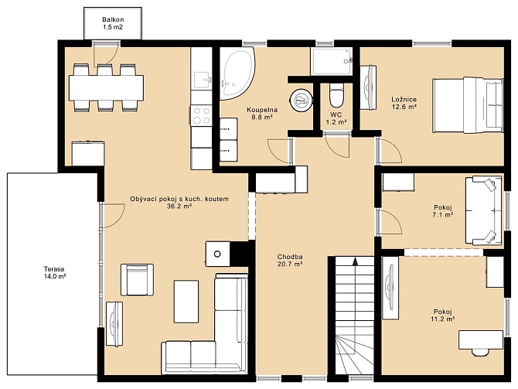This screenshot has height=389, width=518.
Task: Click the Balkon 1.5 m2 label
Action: (x=113, y=23)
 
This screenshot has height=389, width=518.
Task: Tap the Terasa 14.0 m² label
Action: (x=55, y=273)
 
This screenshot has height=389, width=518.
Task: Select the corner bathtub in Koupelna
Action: (x=237, y=73)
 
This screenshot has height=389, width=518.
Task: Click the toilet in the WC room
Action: (x=336, y=95)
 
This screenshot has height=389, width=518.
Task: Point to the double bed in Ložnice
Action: (x=468, y=105)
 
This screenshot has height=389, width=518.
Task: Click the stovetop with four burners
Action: (x=202, y=115)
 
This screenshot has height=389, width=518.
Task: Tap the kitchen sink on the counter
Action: (x=202, y=80)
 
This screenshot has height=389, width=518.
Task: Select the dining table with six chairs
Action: (x=107, y=88)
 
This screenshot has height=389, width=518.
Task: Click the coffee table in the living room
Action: (x=186, y=302)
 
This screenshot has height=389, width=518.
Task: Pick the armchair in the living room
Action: (x=137, y=280)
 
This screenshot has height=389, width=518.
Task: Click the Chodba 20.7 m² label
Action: (x=291, y=261)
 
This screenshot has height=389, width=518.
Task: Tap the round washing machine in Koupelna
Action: (x=301, y=100)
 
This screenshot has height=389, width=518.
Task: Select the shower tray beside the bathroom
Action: (x=332, y=62)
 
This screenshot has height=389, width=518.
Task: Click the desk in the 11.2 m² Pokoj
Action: (x=481, y=340)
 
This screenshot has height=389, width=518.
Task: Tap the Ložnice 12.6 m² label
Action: (x=404, y=103)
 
